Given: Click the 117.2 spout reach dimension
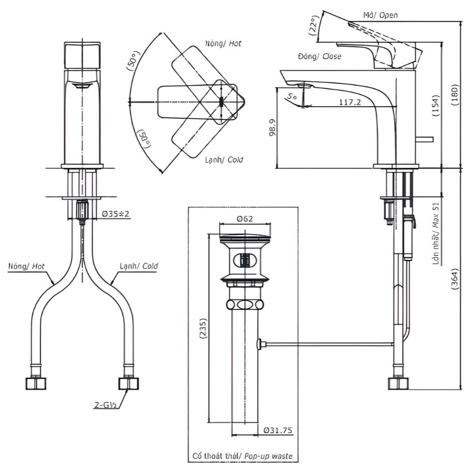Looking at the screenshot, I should [349, 102].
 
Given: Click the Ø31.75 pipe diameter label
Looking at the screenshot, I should [279, 430].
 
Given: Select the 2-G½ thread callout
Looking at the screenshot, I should [105, 405].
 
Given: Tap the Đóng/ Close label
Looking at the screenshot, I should [319, 56].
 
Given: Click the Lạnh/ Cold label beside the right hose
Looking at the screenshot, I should [139, 266].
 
